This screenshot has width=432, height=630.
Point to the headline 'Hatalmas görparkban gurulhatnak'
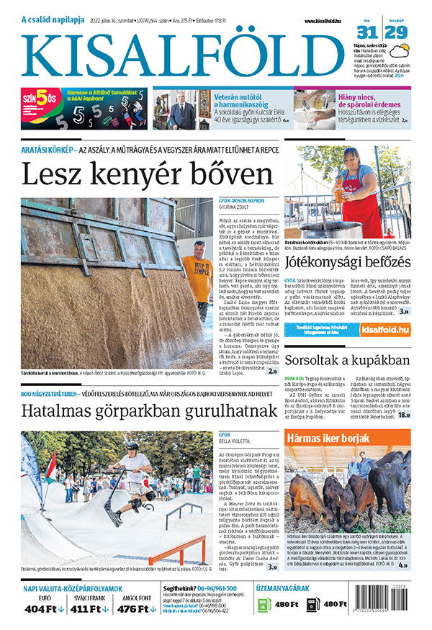click(x=148, y=411)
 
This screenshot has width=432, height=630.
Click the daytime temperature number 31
click(x=367, y=32)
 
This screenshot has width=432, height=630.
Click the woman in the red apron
click(x=358, y=191)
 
